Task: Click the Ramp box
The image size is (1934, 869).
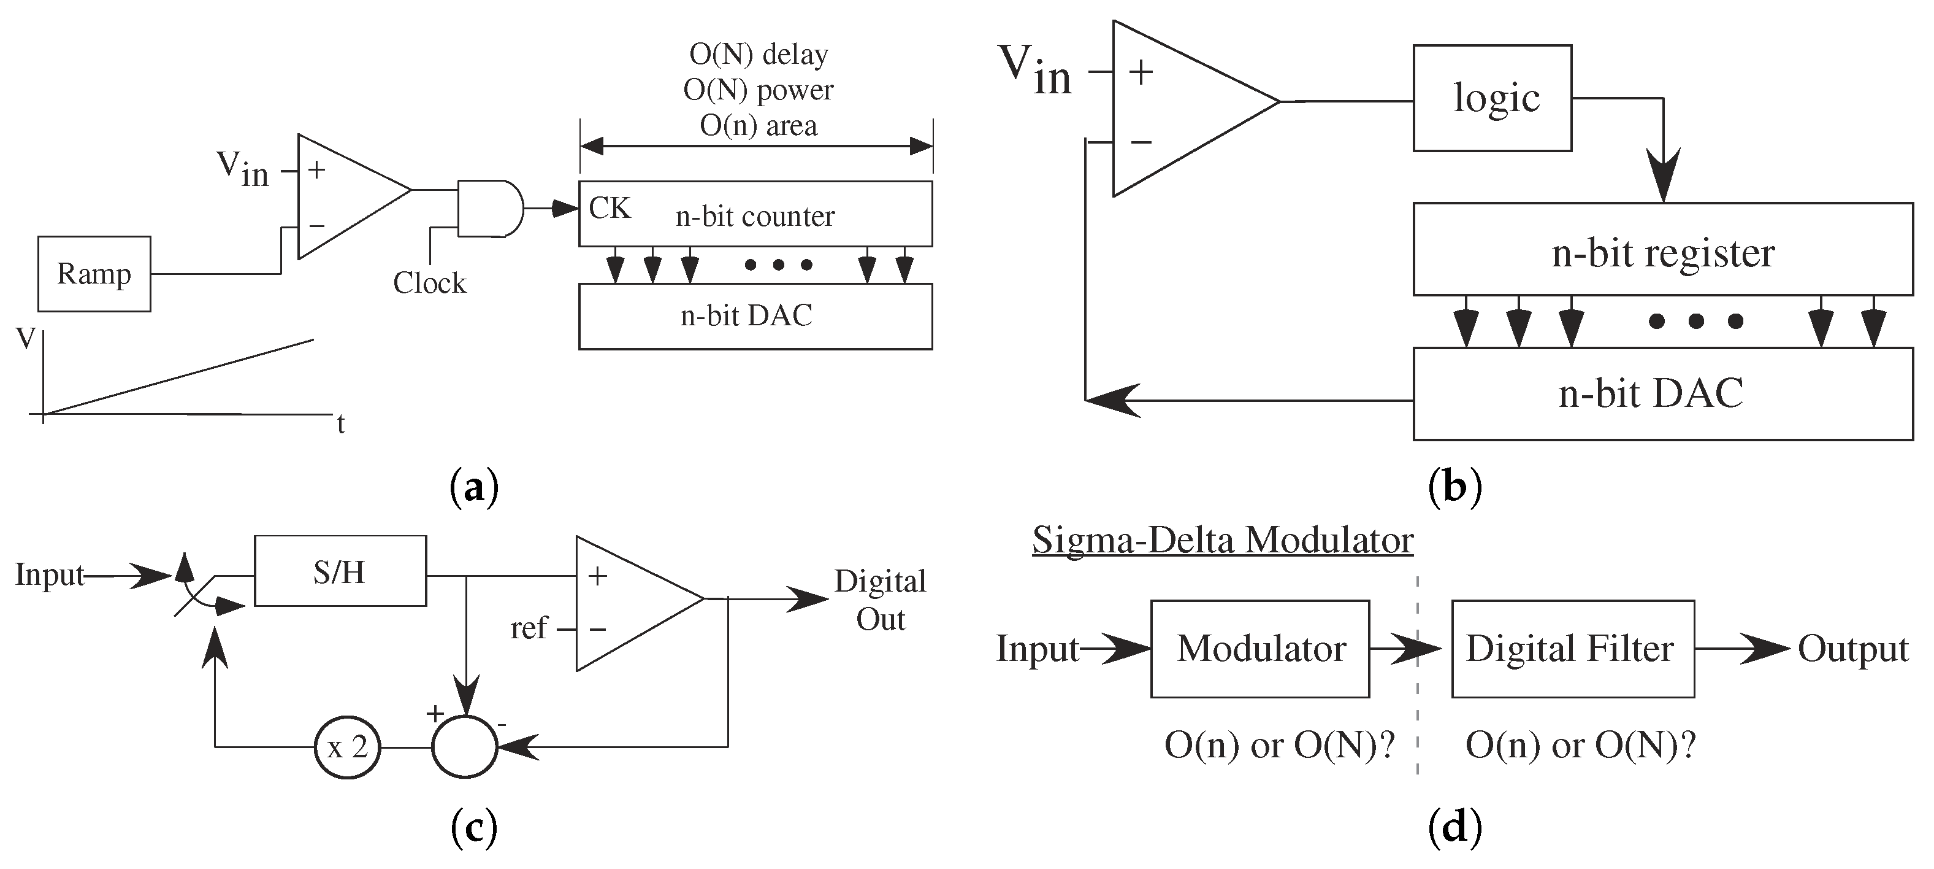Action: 94,274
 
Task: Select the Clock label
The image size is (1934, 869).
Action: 429,283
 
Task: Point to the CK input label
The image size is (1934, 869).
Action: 609,208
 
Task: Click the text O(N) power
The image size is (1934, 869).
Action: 757,90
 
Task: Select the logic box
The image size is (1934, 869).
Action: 1492,98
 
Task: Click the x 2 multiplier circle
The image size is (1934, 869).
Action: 347,747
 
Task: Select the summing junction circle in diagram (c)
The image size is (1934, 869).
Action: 465,747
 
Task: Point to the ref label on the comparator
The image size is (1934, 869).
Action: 529,628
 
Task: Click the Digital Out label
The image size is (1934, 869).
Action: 880,600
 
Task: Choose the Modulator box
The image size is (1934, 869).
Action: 1260,649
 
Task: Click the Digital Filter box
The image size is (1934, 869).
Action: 1572,649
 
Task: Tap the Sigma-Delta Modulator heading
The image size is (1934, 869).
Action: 1222,540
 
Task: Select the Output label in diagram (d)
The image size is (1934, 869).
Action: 1852,649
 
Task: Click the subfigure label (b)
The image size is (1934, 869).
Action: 1454,487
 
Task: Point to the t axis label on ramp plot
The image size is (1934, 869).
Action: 341,424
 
